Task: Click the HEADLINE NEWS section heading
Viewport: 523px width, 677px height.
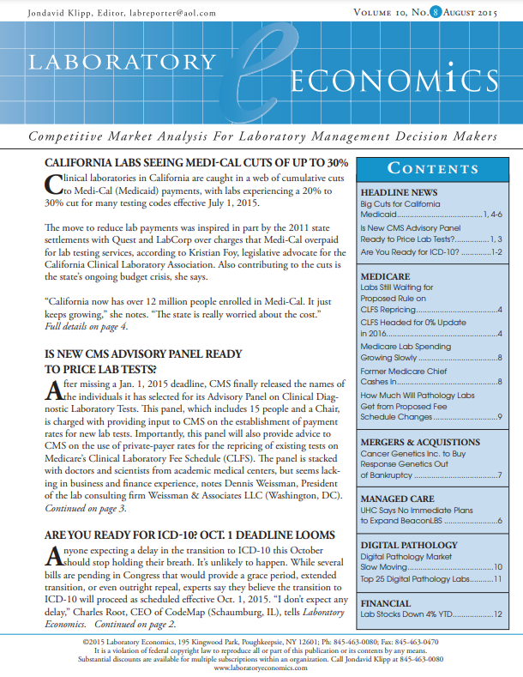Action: pos(399,193)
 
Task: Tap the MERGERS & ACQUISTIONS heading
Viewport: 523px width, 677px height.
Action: pos(420,443)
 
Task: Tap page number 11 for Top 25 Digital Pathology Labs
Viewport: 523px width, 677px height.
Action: pos(497,580)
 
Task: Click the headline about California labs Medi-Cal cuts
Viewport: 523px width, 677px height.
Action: pos(195,163)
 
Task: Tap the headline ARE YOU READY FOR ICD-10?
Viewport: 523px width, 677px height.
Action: pos(189,535)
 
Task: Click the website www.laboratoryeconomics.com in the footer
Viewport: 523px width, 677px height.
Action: pos(261,667)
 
